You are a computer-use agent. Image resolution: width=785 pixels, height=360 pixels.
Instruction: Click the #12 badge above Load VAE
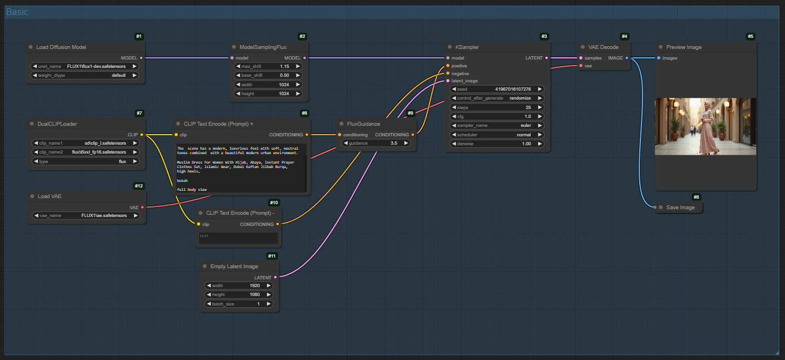139,186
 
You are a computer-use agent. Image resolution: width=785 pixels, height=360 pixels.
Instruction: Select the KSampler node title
467,47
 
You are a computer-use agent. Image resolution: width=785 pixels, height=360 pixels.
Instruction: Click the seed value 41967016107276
513,89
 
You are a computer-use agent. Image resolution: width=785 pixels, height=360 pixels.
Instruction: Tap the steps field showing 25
497,107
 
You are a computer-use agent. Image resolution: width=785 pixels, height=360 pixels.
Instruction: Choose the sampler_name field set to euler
497,126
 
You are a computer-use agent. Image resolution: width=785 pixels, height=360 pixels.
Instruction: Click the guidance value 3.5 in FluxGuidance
394,143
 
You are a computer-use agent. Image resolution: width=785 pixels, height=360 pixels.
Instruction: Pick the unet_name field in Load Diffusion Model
85,66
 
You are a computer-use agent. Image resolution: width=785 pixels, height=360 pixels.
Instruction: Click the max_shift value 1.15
284,66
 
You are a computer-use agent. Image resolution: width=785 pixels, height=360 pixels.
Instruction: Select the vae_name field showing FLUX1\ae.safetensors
86,215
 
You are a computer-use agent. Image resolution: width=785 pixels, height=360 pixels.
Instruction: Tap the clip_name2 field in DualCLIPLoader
86,152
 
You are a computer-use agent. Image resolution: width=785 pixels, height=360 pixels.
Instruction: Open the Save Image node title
680,208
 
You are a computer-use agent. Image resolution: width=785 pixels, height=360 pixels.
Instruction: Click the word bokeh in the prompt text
182,180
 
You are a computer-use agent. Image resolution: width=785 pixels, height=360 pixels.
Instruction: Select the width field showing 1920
239,285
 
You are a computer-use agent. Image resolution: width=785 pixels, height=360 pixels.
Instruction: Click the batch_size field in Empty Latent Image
239,304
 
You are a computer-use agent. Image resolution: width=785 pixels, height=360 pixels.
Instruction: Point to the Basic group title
17,12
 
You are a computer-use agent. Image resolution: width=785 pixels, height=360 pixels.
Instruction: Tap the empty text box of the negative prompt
238,238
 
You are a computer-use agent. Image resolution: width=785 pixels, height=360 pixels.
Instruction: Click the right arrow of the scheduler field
540,135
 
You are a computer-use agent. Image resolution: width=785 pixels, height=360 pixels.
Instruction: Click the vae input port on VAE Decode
581,66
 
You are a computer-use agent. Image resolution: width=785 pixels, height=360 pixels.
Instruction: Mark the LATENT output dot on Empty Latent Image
275,277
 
